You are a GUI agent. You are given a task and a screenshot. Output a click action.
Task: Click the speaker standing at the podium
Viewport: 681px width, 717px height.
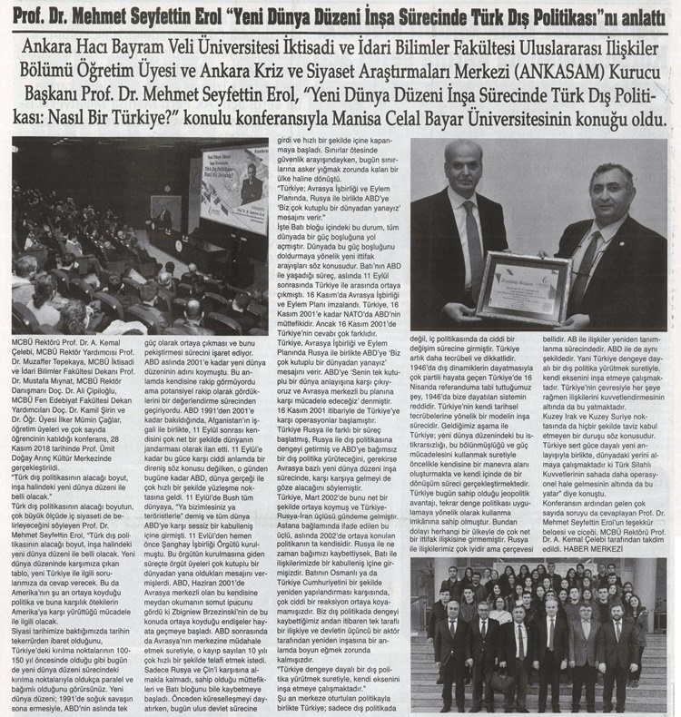[x=163, y=218]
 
